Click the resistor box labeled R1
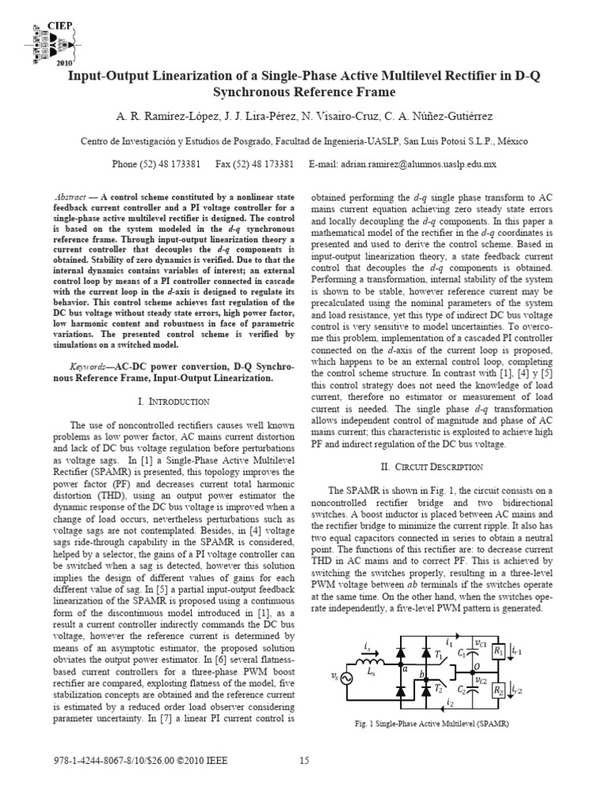[x=498, y=651]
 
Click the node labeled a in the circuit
[x=404, y=668]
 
